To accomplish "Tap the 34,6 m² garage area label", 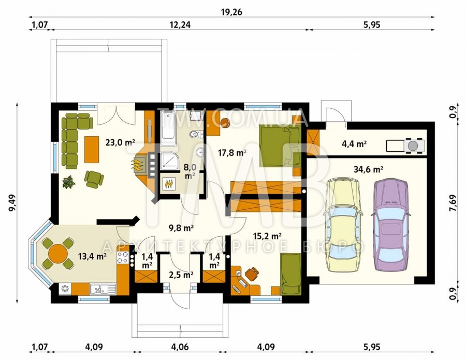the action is click(368, 169).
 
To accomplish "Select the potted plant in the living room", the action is click(69, 182).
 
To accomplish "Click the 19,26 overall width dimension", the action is click(232, 12).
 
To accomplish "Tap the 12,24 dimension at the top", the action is click(180, 25).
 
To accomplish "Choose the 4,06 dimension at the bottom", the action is click(180, 347).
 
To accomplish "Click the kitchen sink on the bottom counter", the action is click(103, 289).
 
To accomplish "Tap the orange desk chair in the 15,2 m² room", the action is click(252, 273).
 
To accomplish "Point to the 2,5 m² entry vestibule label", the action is click(180, 275).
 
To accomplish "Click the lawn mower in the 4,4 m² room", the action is click(405, 146).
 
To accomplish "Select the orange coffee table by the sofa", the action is click(92, 149).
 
